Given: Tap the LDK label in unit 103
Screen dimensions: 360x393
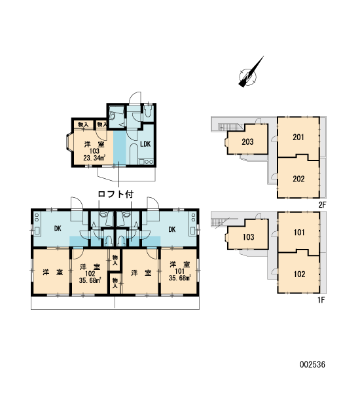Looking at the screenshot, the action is coord(145,144).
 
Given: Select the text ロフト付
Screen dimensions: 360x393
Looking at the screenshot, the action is coord(115,195).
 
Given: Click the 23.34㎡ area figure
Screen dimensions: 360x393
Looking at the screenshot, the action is coord(94,158).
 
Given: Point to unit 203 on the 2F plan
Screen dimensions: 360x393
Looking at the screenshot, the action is coord(247,142).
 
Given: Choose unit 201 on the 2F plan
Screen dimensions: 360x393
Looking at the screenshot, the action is coord(298,137).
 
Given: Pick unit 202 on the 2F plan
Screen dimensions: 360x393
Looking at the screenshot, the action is coord(298,179).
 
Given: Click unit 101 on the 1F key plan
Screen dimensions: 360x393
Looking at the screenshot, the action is coord(299,233).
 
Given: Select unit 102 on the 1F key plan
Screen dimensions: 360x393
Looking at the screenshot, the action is coord(299,274).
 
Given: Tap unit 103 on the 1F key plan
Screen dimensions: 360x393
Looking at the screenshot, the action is coord(248,237).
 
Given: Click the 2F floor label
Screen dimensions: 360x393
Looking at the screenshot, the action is coord(322,205).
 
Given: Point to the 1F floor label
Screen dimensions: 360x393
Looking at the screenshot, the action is coord(321,300).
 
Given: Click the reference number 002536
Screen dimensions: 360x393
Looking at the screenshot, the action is coord(312,364).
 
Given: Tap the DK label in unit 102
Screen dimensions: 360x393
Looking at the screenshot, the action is coord(58,229).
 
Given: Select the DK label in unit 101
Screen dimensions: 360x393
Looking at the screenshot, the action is coord(172,229).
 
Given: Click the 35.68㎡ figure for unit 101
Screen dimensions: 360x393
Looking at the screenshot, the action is coord(179,278).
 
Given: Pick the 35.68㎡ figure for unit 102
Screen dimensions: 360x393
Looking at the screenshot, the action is coord(90,280).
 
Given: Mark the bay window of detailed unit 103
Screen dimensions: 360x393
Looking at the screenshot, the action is coord(69,143).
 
